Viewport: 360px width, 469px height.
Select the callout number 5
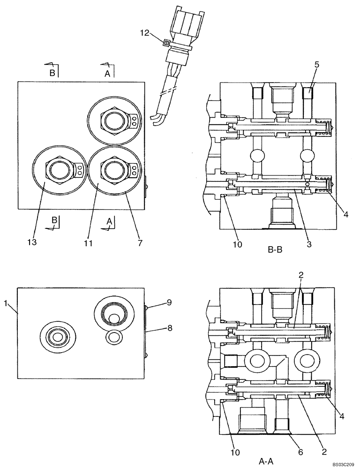coord(317,65)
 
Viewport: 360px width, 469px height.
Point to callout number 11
coord(89,242)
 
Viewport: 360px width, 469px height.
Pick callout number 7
coord(140,242)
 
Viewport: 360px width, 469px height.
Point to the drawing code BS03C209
coord(344,464)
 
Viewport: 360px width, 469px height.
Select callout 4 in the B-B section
coord(345,214)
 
